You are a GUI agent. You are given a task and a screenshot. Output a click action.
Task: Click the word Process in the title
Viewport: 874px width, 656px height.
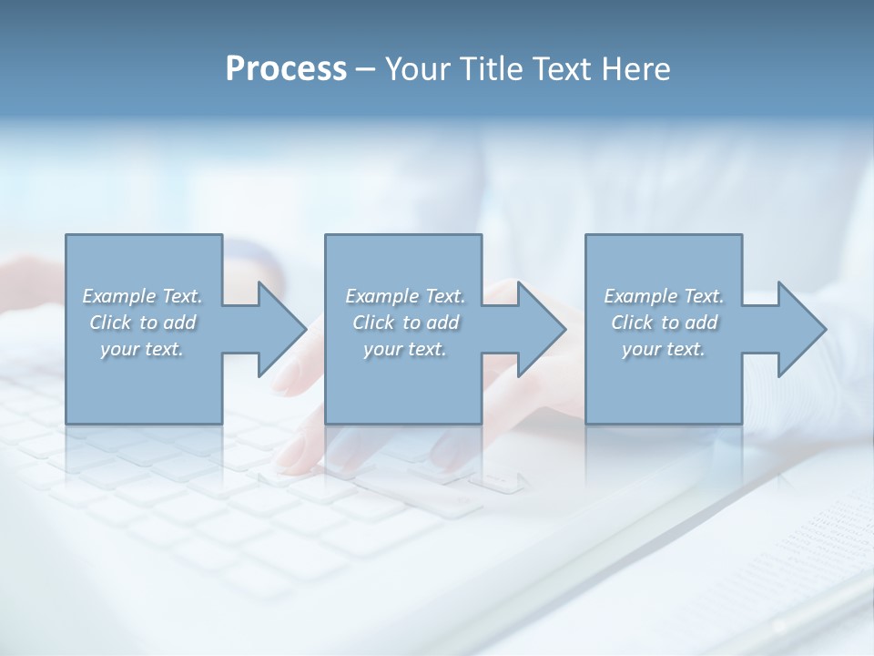pyautogui.click(x=286, y=69)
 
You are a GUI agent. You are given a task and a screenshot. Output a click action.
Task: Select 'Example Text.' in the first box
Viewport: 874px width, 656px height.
pyautogui.click(x=142, y=296)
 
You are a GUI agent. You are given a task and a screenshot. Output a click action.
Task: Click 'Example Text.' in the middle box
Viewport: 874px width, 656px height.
pyautogui.click(x=405, y=296)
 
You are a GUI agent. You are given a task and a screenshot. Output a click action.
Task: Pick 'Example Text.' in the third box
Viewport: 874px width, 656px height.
pyautogui.click(x=664, y=296)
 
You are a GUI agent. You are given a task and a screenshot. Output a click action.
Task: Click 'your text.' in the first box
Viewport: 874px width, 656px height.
pyautogui.click(x=142, y=349)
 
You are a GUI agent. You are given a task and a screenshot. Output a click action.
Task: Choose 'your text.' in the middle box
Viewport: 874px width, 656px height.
pyautogui.click(x=405, y=349)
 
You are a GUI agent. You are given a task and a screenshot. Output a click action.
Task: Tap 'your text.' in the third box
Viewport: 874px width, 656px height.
pyautogui.click(x=664, y=349)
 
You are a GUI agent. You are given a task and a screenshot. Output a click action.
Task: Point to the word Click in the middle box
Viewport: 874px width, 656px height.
pyautogui.click(x=373, y=323)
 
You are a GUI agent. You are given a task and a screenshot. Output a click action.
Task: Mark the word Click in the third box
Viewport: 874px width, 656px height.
pyautogui.click(x=632, y=323)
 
